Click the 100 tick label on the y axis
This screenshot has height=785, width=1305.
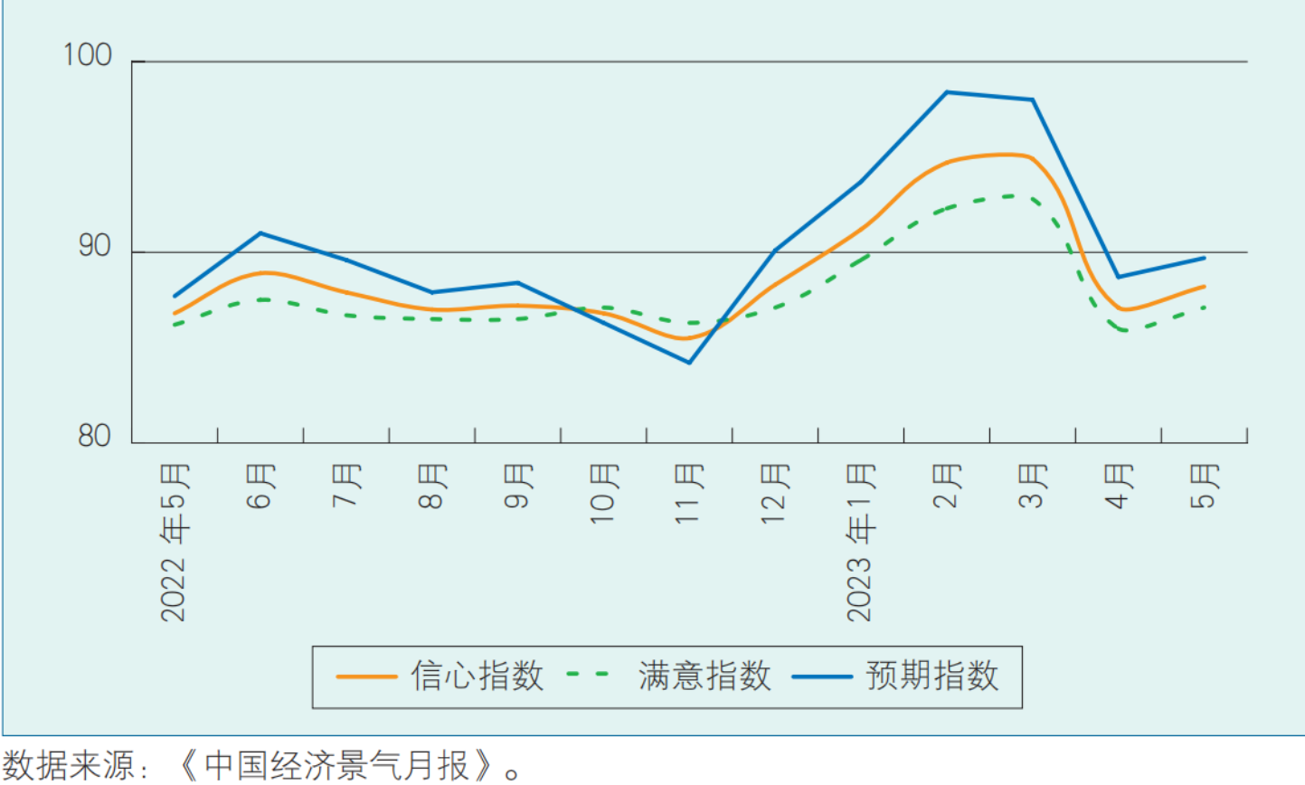coord(88,55)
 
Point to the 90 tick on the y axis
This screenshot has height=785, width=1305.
coord(95,246)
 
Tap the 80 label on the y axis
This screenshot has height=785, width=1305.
coord(95,436)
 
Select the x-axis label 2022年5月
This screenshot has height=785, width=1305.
coord(174,542)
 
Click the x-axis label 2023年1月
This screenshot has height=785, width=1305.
coord(860,542)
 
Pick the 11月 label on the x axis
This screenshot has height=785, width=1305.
coord(689,493)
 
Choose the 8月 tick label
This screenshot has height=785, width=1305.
coord(432,486)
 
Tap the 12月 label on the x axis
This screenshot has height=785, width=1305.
coord(775,493)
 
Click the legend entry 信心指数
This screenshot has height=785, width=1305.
coord(477,676)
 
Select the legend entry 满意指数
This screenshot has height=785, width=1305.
coord(705,676)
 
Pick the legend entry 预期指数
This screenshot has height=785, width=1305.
coord(932,676)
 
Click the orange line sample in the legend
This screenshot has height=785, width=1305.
coord(366,676)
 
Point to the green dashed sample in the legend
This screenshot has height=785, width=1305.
coord(589,675)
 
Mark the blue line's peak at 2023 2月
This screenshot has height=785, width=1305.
coord(947,92)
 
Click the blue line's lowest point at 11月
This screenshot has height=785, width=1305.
coord(689,363)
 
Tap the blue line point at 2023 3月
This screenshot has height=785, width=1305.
coord(1032,99)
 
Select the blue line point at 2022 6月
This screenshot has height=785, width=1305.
coord(260,233)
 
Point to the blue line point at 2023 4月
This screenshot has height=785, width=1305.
coord(1118,277)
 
